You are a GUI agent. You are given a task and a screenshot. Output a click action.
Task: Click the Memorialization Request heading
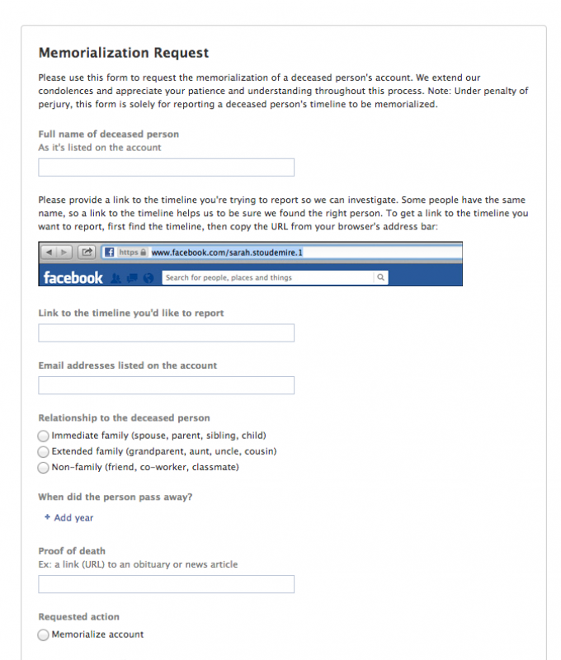coord(124,53)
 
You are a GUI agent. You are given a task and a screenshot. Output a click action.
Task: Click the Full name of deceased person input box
coord(166,167)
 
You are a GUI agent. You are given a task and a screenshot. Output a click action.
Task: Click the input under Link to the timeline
coord(166,333)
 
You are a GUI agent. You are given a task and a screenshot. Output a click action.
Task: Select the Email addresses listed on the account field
coord(166,385)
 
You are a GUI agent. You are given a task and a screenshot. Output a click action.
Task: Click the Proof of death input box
coord(166,585)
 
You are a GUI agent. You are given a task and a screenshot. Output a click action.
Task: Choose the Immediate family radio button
coord(44,436)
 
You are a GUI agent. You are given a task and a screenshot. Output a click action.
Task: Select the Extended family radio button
coord(44,452)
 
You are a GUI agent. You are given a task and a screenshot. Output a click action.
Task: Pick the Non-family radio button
coord(44,468)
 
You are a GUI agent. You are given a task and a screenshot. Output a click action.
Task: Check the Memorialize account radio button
coord(44,635)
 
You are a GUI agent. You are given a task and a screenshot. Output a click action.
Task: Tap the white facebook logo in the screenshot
coord(73,278)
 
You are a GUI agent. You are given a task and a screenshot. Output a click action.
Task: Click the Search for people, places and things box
coord(268,278)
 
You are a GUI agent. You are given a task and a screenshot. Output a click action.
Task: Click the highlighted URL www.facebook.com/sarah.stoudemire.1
coord(227,252)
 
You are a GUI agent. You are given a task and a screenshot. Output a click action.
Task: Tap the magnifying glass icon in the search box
coord(380,278)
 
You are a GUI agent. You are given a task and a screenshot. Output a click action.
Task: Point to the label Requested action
coord(79,617)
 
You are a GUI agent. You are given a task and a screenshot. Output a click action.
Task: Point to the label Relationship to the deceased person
coord(124,418)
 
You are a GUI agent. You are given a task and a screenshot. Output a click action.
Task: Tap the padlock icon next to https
coord(144,252)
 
